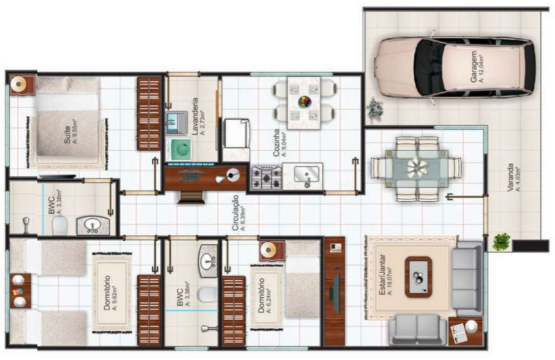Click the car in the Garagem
[x=454, y=67]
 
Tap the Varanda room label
[x=513, y=177]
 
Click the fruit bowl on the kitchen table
[x=304, y=102]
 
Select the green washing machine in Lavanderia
[x=179, y=150]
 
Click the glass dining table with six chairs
[x=416, y=169]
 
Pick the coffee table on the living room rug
[x=418, y=277]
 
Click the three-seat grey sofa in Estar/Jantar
[x=468, y=279]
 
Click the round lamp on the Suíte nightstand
[x=17, y=84]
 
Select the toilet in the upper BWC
[x=60, y=225]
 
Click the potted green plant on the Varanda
[x=501, y=242]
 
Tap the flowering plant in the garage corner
[x=374, y=110]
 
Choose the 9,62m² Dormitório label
[x=110, y=292]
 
